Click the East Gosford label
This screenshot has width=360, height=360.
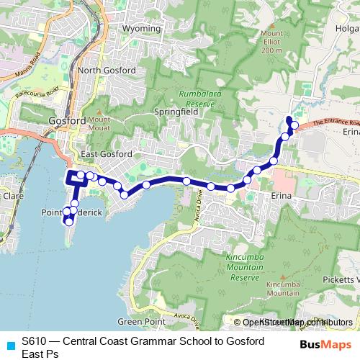107,154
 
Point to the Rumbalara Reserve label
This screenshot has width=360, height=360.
197,98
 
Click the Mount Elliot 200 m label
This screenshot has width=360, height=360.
271,42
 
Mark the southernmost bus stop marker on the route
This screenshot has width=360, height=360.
69,222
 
